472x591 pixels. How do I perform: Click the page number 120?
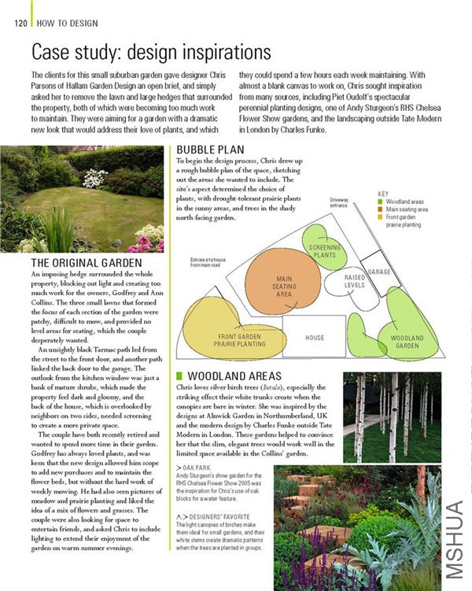click(x=21, y=23)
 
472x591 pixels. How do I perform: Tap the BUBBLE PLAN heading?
click(x=210, y=150)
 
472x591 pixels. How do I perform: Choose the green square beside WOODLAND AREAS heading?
click(x=180, y=376)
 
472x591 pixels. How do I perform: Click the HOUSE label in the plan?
click(x=315, y=338)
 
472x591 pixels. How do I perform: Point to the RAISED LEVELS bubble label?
click(x=355, y=281)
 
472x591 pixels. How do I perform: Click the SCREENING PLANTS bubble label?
click(x=324, y=251)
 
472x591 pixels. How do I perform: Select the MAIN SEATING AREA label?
click(x=284, y=286)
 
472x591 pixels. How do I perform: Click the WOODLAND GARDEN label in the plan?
click(x=407, y=342)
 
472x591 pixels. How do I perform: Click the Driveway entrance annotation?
click(x=340, y=203)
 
